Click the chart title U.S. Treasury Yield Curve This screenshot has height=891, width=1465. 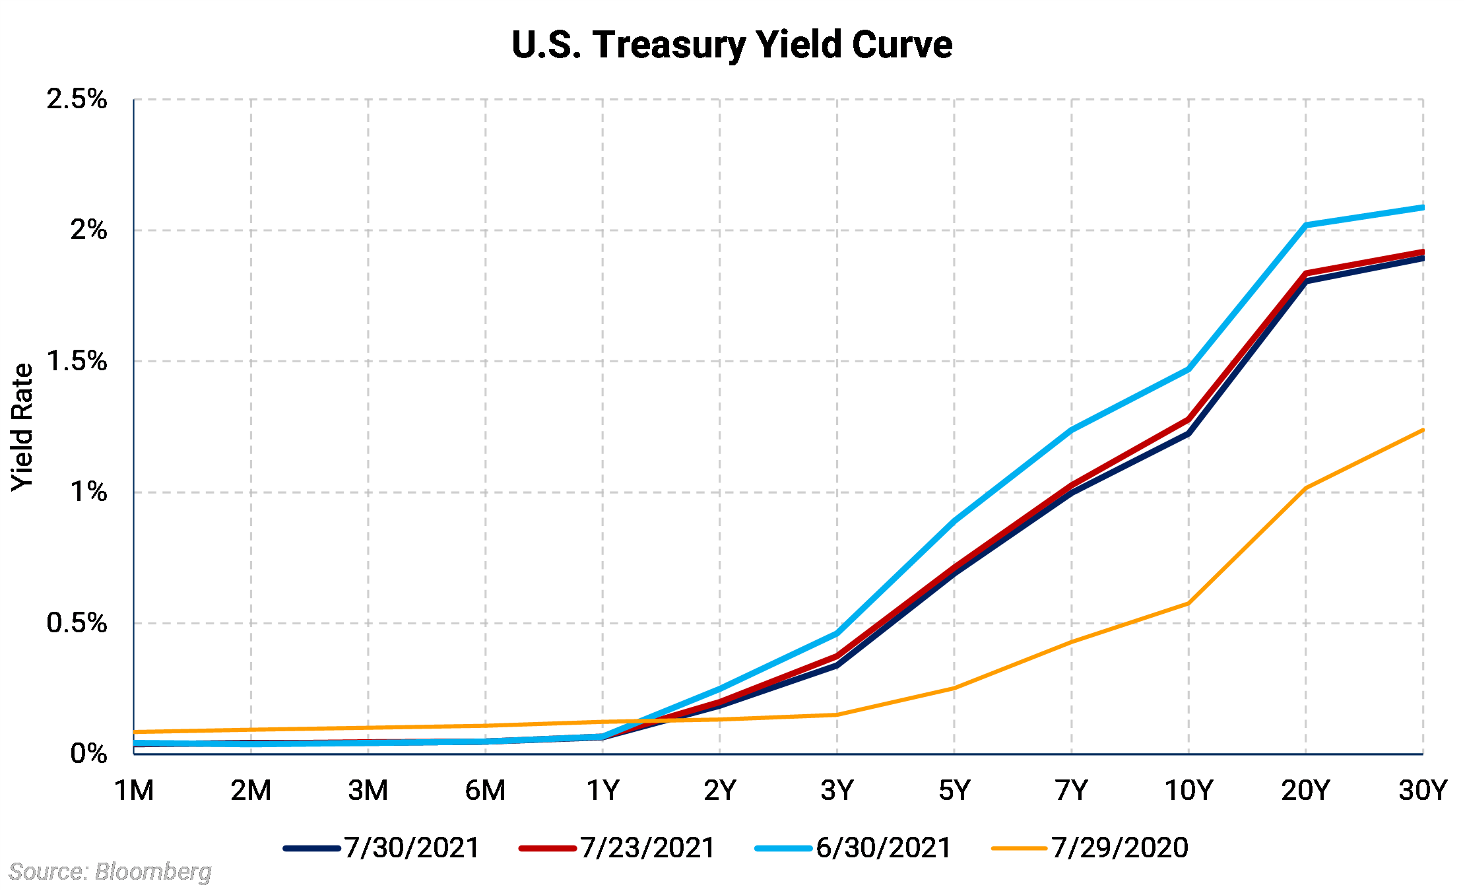(732, 45)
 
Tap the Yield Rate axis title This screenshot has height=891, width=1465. (22, 426)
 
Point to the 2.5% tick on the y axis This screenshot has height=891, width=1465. (77, 100)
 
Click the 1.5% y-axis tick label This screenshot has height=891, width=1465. (77, 361)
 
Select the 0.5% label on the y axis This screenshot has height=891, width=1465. (77, 623)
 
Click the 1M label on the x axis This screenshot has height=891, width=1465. (134, 790)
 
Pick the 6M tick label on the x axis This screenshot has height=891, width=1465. (485, 790)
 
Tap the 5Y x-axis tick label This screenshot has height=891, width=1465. (954, 790)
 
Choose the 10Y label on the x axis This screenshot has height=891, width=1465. (1188, 790)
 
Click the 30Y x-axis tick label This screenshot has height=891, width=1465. (1423, 790)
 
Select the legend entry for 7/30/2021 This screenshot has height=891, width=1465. (382, 848)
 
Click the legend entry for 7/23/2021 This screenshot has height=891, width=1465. (618, 848)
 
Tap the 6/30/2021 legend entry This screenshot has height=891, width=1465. (853, 848)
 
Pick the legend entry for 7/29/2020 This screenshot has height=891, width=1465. (1090, 848)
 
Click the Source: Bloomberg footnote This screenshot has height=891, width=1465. (110, 872)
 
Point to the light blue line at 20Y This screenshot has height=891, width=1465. (1306, 226)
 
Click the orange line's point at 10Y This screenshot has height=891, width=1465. (1188, 603)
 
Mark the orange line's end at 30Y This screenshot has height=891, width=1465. (1422, 430)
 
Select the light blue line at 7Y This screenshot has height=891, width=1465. (1072, 430)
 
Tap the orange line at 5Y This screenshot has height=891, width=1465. (954, 688)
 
